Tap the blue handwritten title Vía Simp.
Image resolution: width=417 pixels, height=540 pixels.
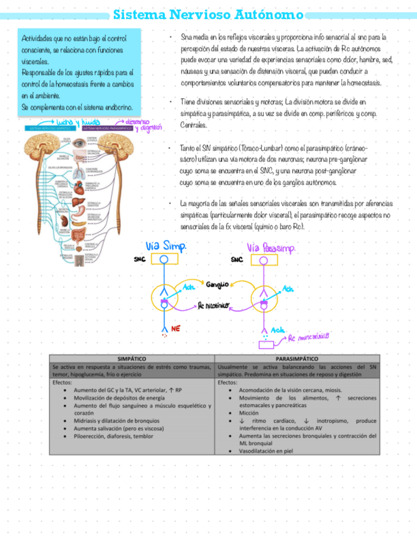click(167, 246)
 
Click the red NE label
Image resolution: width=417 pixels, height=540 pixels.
click(176, 328)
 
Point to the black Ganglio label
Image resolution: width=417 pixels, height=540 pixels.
click(217, 283)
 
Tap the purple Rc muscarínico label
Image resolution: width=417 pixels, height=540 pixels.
click(309, 336)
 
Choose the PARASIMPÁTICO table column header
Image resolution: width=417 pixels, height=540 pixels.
click(297, 359)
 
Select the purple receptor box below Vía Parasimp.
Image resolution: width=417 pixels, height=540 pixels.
click(266, 345)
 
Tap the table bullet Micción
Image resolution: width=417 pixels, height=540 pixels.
click(249, 413)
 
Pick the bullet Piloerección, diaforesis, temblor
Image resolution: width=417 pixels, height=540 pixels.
click(113, 436)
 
